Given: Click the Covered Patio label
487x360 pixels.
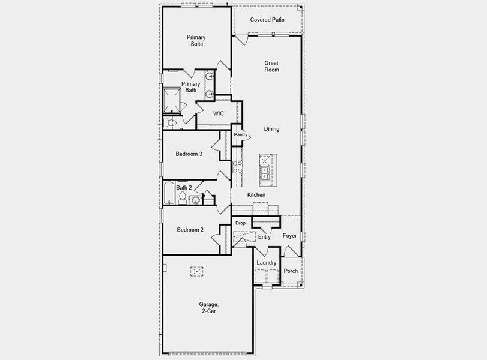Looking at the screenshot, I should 267,20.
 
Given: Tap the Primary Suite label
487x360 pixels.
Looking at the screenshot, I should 195,41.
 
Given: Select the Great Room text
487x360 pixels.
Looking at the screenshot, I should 271,66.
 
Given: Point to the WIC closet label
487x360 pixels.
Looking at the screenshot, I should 219,113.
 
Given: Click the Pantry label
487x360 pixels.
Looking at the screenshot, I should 241,135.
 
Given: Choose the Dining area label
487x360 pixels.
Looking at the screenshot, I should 271,129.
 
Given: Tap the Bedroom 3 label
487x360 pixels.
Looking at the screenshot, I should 189,154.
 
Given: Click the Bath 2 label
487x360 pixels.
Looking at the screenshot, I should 184,188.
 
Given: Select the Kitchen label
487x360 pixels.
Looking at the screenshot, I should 256,195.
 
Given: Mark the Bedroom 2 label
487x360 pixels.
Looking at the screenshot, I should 190,230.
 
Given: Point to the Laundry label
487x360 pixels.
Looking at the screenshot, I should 267,263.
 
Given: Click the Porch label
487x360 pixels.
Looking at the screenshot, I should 291,271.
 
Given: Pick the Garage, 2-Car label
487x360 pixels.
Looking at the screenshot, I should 209,308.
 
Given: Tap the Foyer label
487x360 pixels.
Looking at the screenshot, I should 290,236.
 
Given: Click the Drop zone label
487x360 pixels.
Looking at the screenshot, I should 240,223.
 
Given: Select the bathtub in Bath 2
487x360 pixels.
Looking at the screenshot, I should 169,193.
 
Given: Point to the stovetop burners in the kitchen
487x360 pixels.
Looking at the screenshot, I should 237,167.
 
